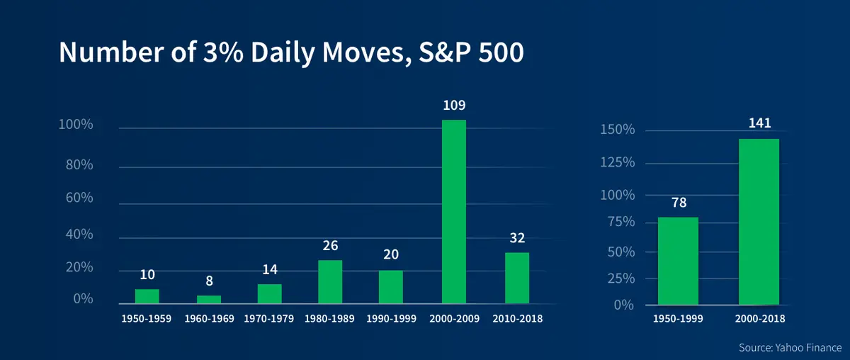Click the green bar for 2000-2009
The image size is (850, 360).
pyautogui.click(x=454, y=212)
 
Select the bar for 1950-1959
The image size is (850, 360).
pyautogui.click(x=147, y=296)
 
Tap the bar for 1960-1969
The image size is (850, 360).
pyautogui.click(x=209, y=300)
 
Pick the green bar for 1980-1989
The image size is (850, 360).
pyautogui.click(x=330, y=282)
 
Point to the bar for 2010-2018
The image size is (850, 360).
pyautogui.click(x=517, y=278)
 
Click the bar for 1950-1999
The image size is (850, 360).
pyautogui.click(x=678, y=261)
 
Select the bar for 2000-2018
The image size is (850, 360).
pyautogui.click(x=759, y=222)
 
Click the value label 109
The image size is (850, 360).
pyautogui.click(x=453, y=106)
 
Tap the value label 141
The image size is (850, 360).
pyautogui.click(x=759, y=123)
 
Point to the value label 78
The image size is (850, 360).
pyautogui.click(x=678, y=202)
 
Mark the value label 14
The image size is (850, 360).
pyautogui.click(x=270, y=269)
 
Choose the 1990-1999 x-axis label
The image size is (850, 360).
pyautogui.click(x=391, y=319)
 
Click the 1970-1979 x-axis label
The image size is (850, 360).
pyautogui.click(x=270, y=319)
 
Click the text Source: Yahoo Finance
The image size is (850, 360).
pyautogui.click(x=788, y=347)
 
